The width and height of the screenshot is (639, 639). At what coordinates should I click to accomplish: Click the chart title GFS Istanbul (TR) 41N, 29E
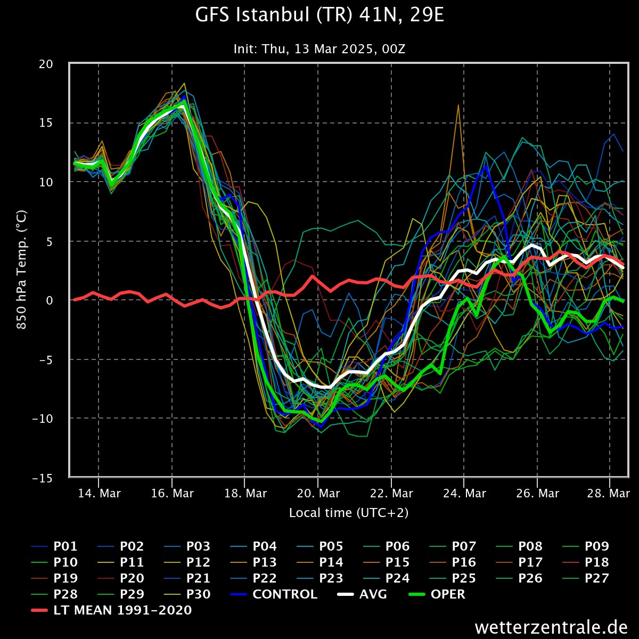[319, 16]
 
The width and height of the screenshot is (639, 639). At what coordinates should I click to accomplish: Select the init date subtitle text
[319, 49]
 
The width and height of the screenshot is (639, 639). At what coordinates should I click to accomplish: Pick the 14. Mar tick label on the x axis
[99, 494]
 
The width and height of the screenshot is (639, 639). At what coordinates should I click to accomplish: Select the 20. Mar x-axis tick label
[317, 494]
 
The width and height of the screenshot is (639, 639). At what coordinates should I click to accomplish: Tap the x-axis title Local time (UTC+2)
[349, 513]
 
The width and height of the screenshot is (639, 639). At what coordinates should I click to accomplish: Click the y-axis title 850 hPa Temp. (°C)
[22, 271]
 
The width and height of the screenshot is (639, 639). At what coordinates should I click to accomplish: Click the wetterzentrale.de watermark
[552, 627]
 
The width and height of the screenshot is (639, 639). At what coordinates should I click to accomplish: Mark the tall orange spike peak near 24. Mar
[458, 105]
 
